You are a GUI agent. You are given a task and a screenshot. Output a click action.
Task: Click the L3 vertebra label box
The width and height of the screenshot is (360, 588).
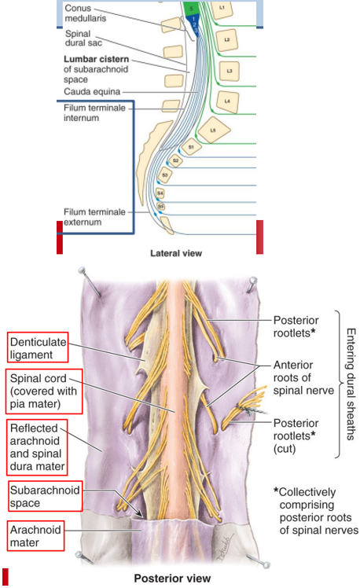pyautogui.click(x=229, y=71)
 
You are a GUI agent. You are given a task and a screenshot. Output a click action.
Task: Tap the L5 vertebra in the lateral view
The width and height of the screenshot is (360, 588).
pyautogui.click(x=213, y=130)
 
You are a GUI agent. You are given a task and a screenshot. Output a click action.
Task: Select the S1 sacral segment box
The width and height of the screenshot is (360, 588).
pyautogui.click(x=191, y=147)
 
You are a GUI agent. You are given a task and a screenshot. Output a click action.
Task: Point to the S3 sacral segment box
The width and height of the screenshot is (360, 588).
pyautogui.click(x=165, y=175)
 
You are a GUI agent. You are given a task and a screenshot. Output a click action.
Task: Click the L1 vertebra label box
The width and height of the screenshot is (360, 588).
pyautogui.click(x=222, y=9)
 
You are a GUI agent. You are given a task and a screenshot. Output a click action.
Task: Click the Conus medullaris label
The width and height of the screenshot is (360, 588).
pyautogui.click(x=85, y=13)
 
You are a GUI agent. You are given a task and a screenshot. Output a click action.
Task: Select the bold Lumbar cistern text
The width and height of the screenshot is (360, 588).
pyautogui.click(x=97, y=59)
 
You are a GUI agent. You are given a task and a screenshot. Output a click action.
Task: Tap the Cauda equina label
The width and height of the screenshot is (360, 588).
pyautogui.click(x=92, y=91)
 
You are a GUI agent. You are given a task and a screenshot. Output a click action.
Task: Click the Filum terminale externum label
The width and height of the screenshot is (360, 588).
pyautogui.click(x=94, y=217)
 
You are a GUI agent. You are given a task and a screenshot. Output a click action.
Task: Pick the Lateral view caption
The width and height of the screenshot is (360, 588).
pyautogui.click(x=176, y=253)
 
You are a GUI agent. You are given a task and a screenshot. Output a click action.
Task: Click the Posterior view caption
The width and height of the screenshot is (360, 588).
pyautogui.click(x=172, y=579)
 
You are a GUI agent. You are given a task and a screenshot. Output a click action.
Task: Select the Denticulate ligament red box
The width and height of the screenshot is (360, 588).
pyautogui.click(x=38, y=347)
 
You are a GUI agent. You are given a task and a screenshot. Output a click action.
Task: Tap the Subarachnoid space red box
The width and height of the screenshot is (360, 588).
pyautogui.click(x=46, y=496)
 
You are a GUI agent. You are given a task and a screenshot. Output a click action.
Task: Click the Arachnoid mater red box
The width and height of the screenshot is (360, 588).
pyautogui.click(x=35, y=535)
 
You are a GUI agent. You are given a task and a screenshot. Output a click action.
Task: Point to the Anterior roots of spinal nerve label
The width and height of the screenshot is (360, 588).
pyautogui.click(x=303, y=377)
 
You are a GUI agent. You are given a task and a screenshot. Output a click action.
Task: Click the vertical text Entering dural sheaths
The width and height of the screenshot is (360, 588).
pyautogui.click(x=351, y=384)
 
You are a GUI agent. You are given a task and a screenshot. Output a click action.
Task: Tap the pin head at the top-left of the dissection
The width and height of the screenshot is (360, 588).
pyautogui.click(x=82, y=270)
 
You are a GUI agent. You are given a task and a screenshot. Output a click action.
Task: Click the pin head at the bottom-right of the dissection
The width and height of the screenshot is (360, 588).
pyautogui.click(x=266, y=564)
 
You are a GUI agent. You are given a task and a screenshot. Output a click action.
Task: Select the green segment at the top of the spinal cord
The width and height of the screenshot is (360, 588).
pyautogui.click(x=191, y=8)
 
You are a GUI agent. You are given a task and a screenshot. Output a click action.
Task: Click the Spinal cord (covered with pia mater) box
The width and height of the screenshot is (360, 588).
pyautogui.click(x=44, y=391)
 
